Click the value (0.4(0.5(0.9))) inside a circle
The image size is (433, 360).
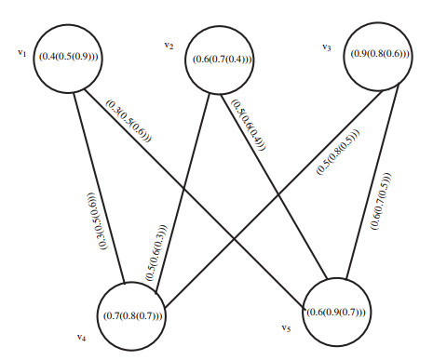pyautogui.click(x=68, y=58)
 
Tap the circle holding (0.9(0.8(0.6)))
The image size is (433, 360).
pyautogui.click(x=380, y=54)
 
